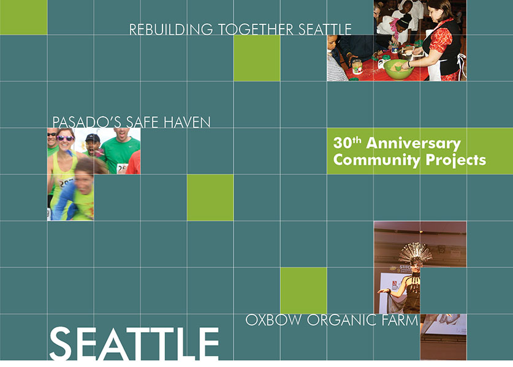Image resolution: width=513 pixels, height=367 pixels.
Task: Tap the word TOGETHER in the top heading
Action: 256,29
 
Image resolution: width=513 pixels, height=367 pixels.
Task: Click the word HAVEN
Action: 187,122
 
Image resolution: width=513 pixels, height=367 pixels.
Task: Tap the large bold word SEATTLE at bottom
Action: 134,344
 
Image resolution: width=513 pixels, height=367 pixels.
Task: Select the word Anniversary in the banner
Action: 414,144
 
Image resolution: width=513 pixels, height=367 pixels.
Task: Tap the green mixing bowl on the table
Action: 398,69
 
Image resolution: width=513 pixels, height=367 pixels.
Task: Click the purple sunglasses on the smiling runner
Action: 65,138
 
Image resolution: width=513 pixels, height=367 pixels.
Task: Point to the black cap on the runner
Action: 93,138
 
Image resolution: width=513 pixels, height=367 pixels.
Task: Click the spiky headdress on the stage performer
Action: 416,253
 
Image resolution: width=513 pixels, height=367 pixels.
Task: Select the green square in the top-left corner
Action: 23,17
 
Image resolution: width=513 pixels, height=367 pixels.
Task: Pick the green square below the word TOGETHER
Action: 257,58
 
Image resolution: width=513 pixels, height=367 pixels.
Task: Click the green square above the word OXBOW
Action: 303,291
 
